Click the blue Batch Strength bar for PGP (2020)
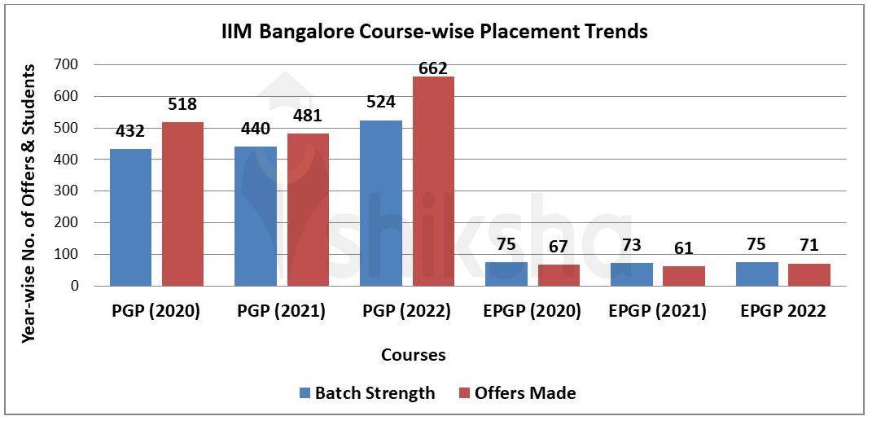point(130,217)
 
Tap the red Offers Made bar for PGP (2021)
point(308,209)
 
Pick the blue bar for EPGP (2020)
point(506,274)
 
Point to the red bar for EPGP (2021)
point(684,276)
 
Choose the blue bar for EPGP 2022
point(757,274)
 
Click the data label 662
point(432,68)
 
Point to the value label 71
point(808,245)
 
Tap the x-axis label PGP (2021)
point(281,312)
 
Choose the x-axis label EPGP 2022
point(782,312)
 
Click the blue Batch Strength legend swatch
point(305,393)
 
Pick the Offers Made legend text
point(526,393)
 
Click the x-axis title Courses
point(414,355)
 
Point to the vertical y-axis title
point(28,204)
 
